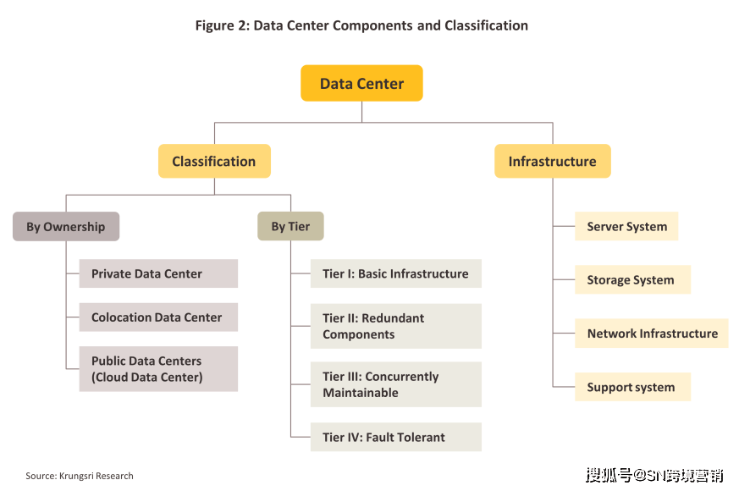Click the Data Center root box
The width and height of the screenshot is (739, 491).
(x=361, y=83)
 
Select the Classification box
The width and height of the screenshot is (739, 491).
(x=214, y=161)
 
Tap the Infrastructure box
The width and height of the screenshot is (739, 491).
(x=553, y=161)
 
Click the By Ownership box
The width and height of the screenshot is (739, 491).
(x=66, y=227)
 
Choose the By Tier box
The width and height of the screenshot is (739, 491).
(x=290, y=226)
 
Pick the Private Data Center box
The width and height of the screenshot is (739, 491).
(x=158, y=273)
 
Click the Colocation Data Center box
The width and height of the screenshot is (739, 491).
(x=158, y=317)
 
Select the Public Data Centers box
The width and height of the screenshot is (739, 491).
(x=158, y=369)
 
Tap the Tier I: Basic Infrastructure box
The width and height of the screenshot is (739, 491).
(x=396, y=273)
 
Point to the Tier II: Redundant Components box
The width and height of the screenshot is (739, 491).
(x=396, y=326)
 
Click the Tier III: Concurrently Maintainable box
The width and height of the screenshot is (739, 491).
(x=396, y=384)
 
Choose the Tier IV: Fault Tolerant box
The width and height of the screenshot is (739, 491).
(x=396, y=438)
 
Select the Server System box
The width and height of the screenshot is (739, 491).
(x=626, y=226)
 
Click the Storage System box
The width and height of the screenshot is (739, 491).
(x=632, y=279)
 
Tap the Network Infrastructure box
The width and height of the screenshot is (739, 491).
(x=651, y=334)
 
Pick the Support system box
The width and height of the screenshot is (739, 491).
(x=632, y=387)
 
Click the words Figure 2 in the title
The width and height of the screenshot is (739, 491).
(x=222, y=25)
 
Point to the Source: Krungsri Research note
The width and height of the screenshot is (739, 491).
(x=80, y=476)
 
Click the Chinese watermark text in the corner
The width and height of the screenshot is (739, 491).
(x=654, y=475)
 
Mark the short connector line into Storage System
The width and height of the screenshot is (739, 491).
(x=564, y=279)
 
